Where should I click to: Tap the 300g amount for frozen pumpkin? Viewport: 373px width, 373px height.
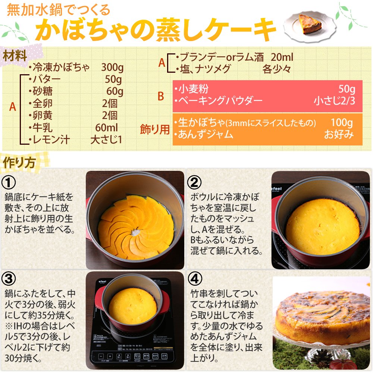pyautogui.click(x=112, y=67)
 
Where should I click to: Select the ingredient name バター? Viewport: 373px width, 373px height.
pyautogui.click(x=47, y=79)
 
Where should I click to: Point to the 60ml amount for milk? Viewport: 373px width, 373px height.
pyautogui.click(x=106, y=128)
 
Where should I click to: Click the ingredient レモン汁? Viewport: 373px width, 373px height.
pyautogui.click(x=51, y=140)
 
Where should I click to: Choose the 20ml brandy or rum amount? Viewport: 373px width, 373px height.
pyautogui.click(x=282, y=57)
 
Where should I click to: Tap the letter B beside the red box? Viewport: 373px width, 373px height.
pyautogui.click(x=161, y=96)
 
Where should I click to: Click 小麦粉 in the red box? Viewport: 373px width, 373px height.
pyautogui.click(x=193, y=89)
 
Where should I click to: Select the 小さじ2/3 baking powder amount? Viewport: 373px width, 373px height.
pyautogui.click(x=334, y=101)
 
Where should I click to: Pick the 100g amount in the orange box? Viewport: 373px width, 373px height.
pyautogui.click(x=342, y=122)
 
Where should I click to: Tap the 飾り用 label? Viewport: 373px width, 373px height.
pyautogui.click(x=155, y=129)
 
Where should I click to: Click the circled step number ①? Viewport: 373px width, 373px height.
pyautogui.click(x=9, y=182)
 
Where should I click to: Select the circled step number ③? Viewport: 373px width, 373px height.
pyautogui.click(x=9, y=279)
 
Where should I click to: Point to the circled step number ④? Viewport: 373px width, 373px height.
pyautogui.click(x=195, y=279)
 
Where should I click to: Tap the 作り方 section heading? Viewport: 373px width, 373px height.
pyautogui.click(x=19, y=163)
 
